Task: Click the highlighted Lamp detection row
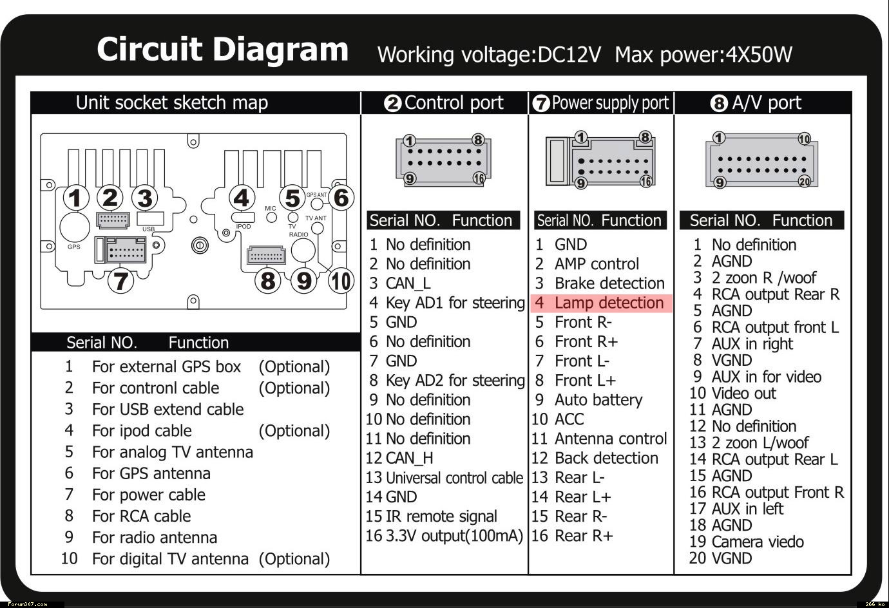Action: [601, 303]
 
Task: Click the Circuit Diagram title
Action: [222, 50]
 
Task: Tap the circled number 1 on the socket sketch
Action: [76, 198]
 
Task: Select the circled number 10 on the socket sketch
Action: [341, 281]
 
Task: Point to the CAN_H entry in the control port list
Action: [409, 458]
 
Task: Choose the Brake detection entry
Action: [609, 283]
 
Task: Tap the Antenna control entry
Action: [610, 439]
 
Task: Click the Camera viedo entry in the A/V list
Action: [757, 542]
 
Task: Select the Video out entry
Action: [743, 393]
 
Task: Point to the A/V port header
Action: [757, 103]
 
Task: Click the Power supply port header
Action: [602, 103]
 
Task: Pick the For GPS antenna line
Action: [151, 473]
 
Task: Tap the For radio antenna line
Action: [154, 537]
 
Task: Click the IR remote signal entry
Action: [441, 517]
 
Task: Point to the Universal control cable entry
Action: [454, 478]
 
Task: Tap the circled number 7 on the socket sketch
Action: [120, 281]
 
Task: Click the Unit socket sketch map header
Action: [171, 103]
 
